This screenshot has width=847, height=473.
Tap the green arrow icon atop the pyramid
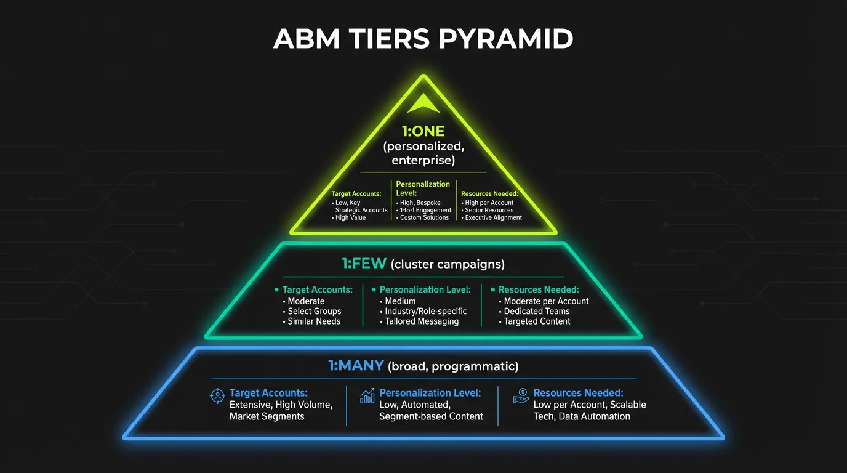[423, 103]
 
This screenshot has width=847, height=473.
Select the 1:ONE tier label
[423, 132]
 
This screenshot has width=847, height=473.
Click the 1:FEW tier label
[364, 264]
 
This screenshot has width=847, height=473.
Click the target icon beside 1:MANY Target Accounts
[217, 396]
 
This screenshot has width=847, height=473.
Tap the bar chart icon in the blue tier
[367, 395]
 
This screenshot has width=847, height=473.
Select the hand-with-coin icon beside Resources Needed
[521, 396]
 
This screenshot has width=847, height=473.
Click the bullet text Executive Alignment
[493, 217]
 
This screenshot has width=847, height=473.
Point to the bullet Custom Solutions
[424, 217]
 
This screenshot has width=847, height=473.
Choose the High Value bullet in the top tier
[350, 217]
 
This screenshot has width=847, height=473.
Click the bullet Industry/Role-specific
[425, 311]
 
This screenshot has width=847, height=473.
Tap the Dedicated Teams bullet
[536, 311]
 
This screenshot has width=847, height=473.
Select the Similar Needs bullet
[314, 321]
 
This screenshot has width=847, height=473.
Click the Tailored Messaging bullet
[422, 321]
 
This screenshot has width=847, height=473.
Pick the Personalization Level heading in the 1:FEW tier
[425, 289]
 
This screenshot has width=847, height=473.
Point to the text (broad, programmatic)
[453, 366]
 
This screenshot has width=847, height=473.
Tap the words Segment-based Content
[431, 416]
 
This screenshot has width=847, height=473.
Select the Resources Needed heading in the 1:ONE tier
[489, 193]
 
